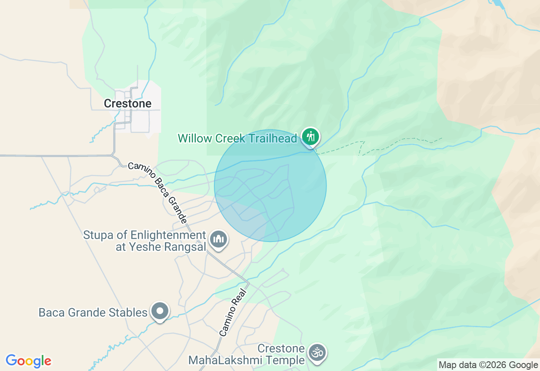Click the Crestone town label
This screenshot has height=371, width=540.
pyautogui.click(x=127, y=103)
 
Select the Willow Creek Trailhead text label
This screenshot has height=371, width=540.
pyautogui.click(x=238, y=138)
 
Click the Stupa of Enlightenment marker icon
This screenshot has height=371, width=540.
pyautogui.click(x=218, y=239)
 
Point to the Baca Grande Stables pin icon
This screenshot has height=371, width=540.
pyautogui.click(x=160, y=312)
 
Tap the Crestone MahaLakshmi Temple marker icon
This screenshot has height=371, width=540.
pyautogui.click(x=317, y=353)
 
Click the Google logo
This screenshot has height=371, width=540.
pyautogui.click(x=28, y=361)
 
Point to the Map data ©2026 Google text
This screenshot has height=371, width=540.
pyautogui.click(x=488, y=365)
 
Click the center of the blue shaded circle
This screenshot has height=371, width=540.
pyautogui.click(x=270, y=185)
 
